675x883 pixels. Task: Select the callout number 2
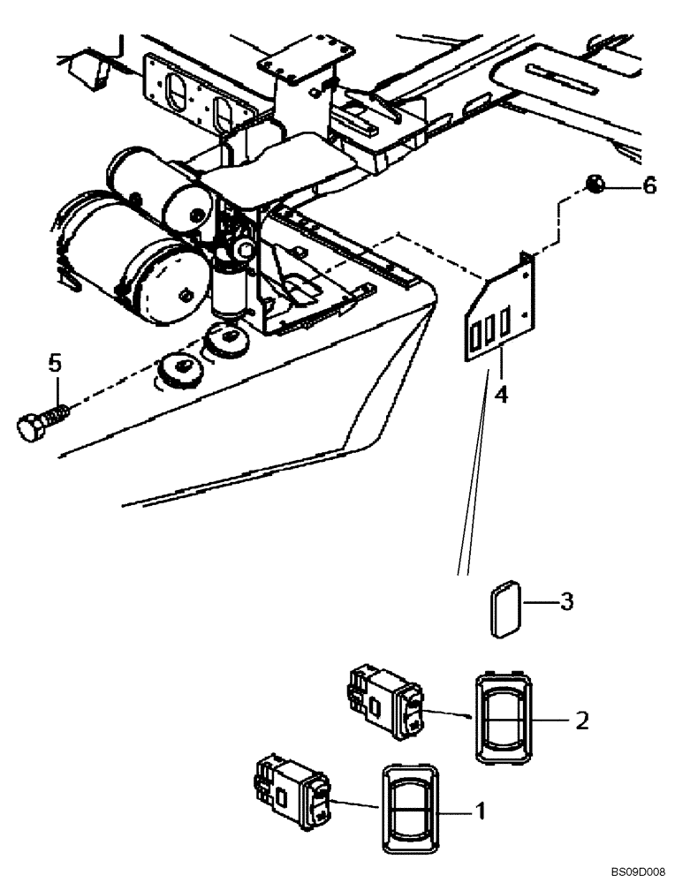[581, 720]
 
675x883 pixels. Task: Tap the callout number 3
[567, 602]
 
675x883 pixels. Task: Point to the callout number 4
[501, 394]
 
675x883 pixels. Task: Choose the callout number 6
[648, 186]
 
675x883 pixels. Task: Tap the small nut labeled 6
[594, 185]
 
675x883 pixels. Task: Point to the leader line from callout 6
[624, 186]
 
